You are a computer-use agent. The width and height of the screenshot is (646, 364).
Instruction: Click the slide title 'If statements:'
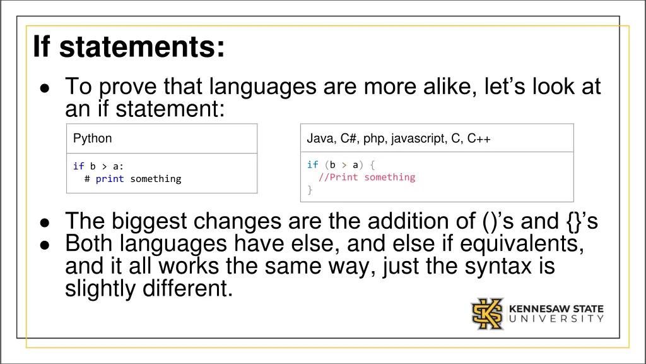click(129, 47)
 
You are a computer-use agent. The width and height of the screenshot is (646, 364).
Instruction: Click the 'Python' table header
click(92, 138)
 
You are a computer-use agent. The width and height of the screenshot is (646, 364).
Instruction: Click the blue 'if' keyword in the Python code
click(78, 166)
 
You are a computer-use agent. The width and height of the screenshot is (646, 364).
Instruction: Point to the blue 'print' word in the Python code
click(110, 179)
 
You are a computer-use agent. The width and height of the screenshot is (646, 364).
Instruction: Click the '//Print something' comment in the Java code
click(367, 177)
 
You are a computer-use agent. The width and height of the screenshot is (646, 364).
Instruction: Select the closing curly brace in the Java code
click(310, 190)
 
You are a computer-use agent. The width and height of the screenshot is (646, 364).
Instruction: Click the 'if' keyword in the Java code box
click(312, 165)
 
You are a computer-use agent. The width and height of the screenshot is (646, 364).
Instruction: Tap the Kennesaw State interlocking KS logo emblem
click(488, 314)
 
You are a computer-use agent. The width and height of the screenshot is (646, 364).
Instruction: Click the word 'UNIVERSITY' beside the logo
click(556, 319)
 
